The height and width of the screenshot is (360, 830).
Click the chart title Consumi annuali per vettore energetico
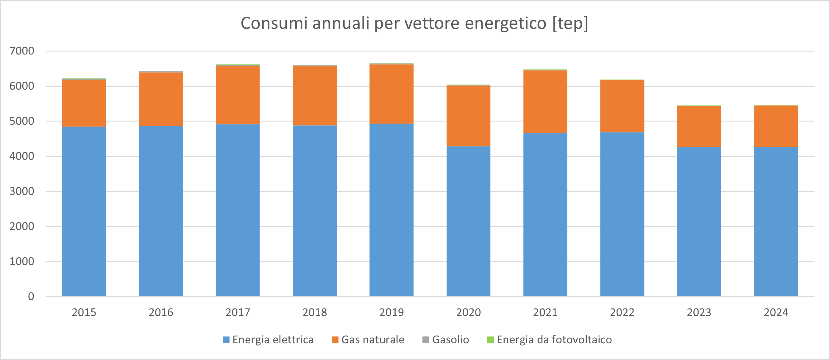pyautogui.click(x=414, y=23)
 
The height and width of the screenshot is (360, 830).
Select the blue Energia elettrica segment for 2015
pyautogui.click(x=84, y=211)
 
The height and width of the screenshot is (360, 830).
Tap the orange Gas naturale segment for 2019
pyautogui.click(x=391, y=94)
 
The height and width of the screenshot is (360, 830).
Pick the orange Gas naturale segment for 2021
pyautogui.click(x=545, y=101)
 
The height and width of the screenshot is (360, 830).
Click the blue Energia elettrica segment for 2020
pyautogui.click(x=468, y=221)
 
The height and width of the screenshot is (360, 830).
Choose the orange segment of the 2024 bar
pyautogui.click(x=776, y=126)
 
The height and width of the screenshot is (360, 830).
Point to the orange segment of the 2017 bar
pyautogui.click(x=238, y=95)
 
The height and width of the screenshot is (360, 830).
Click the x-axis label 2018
pyautogui.click(x=314, y=312)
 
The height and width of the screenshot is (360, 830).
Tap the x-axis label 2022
pyautogui.click(x=622, y=312)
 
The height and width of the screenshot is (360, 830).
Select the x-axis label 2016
pyautogui.click(x=161, y=312)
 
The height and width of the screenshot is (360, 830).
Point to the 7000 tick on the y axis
pyautogui.click(x=22, y=51)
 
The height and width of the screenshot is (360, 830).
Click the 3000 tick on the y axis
pyautogui.click(x=22, y=191)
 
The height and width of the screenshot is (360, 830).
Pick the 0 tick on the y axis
pyautogui.click(x=31, y=297)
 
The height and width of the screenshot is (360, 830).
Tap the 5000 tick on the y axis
pyautogui.click(x=22, y=121)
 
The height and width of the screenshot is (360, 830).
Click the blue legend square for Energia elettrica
pyautogui.click(x=226, y=340)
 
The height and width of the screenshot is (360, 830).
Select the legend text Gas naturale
pyautogui.click(x=373, y=340)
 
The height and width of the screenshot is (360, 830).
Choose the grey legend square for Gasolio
pyautogui.click(x=426, y=340)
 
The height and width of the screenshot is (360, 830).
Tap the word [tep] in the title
pyautogui.click(x=570, y=23)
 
